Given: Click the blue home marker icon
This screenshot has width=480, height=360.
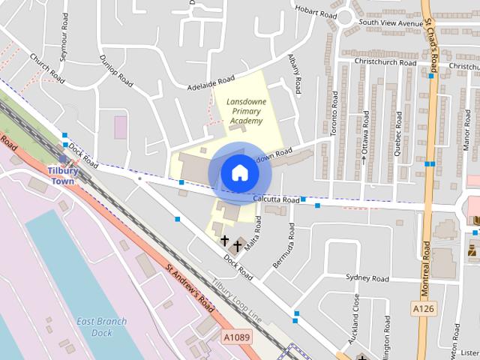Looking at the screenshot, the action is [239, 172].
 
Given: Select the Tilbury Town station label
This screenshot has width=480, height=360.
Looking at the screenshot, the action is [62, 175].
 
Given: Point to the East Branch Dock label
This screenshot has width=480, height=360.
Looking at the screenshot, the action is [101, 326].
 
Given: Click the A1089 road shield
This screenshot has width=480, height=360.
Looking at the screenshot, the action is [236, 338].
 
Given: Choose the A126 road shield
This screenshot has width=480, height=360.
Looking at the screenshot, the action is [423, 308].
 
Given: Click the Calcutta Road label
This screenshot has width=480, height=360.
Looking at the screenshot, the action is [277, 200].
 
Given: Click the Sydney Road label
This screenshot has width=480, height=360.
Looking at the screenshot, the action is [368, 278].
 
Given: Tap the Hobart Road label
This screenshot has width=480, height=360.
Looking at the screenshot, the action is [316, 12].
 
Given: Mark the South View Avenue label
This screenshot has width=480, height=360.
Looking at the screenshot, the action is [391, 23].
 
